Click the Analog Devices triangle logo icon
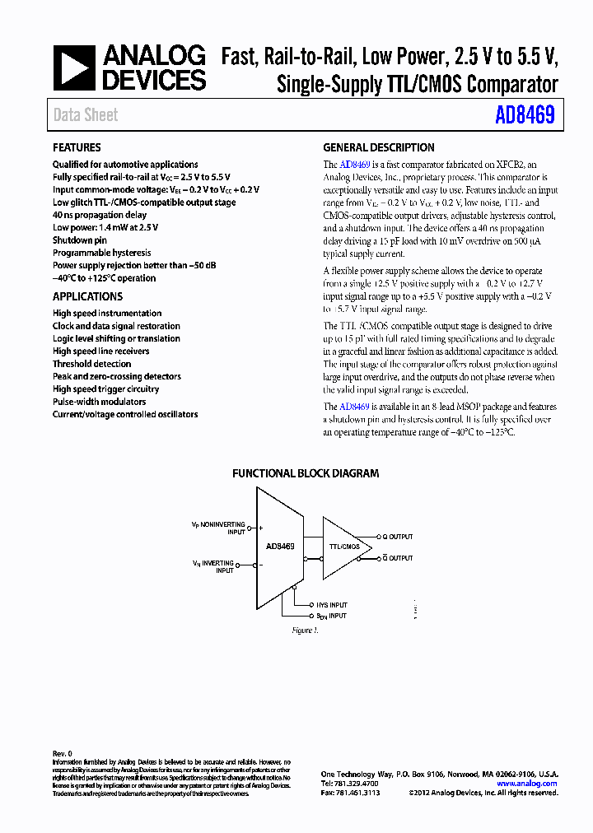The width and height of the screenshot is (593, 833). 75,67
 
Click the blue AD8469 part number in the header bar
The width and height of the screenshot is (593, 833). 525,115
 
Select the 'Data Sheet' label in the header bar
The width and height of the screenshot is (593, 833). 86,115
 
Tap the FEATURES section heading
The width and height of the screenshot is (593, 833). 77,148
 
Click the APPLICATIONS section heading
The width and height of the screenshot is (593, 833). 87,296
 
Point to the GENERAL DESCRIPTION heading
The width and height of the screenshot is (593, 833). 378,148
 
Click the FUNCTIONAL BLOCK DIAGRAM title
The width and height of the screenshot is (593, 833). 306,473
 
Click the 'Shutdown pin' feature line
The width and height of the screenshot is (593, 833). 80,240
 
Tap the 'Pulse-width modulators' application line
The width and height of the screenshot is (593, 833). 99,402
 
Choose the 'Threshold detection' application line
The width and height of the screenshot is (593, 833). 91,364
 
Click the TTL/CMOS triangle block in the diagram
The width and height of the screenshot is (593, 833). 343,547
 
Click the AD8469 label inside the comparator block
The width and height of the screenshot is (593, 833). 280,546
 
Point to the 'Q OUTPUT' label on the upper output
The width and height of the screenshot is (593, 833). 396,537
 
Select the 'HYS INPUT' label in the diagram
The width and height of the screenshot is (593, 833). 331,605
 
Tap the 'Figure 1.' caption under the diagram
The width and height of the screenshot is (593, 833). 305,631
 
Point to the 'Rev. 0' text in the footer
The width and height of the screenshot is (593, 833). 63,753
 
